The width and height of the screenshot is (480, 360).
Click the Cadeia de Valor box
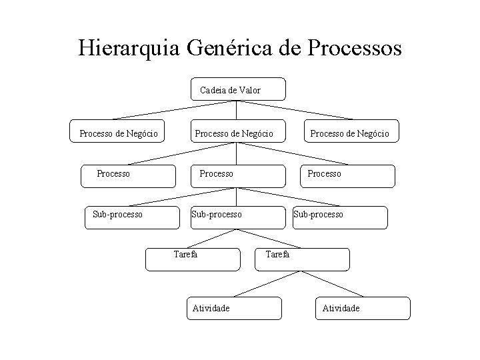(238, 89)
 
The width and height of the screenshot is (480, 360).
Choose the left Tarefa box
(193, 259)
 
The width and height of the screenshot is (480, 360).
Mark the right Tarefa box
(303, 259)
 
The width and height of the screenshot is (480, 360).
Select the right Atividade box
(363, 308)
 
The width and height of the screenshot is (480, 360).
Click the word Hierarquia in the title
(131, 49)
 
